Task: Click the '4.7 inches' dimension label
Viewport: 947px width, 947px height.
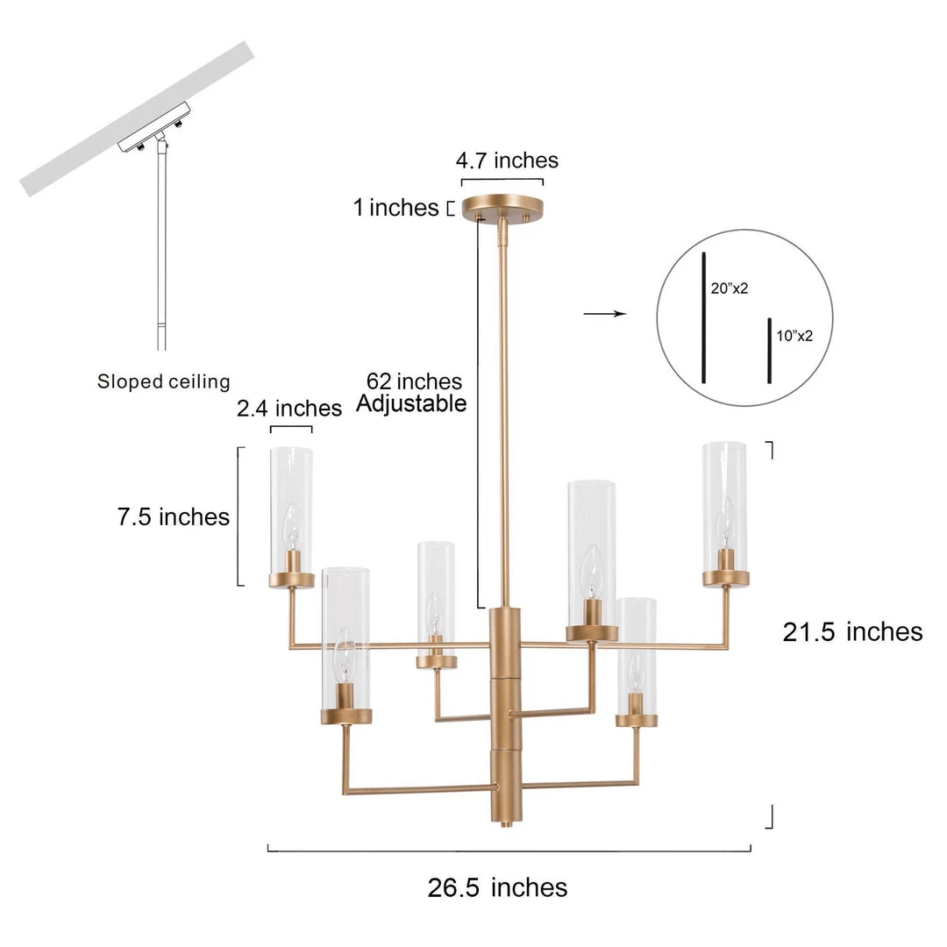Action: click(x=507, y=160)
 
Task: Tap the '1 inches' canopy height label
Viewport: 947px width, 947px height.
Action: click(x=395, y=208)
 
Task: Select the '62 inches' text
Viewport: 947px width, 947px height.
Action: click(x=414, y=381)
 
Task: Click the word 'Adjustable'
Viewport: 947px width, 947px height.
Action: click(x=411, y=403)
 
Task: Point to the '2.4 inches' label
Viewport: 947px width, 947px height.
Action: click(x=289, y=409)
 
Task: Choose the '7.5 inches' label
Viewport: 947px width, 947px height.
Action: click(x=174, y=517)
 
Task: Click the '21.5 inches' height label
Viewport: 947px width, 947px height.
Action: click(x=852, y=632)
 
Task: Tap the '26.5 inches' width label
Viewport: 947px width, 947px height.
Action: click(x=498, y=887)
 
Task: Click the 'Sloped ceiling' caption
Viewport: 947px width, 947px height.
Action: click(x=164, y=381)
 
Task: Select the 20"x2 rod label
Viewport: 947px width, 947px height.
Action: click(x=729, y=288)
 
